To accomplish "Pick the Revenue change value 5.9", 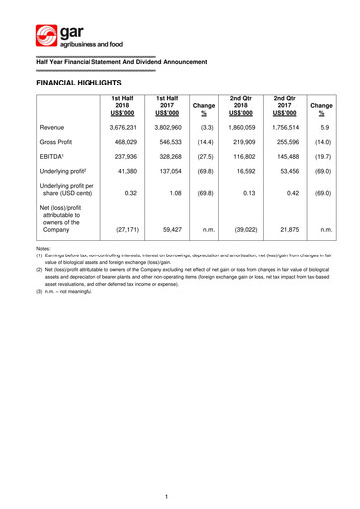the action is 350,156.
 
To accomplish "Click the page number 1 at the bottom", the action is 180,490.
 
